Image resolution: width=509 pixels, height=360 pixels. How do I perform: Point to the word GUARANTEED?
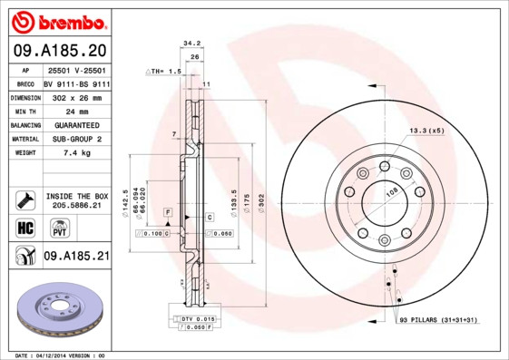[x=76, y=124]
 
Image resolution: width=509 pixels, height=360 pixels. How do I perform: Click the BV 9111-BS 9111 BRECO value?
[x=76, y=82]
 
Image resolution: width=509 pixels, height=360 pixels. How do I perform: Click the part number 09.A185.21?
[x=76, y=258]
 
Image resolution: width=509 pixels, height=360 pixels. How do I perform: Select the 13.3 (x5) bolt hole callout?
[x=426, y=131]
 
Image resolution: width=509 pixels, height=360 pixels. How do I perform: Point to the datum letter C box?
[x=209, y=218]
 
